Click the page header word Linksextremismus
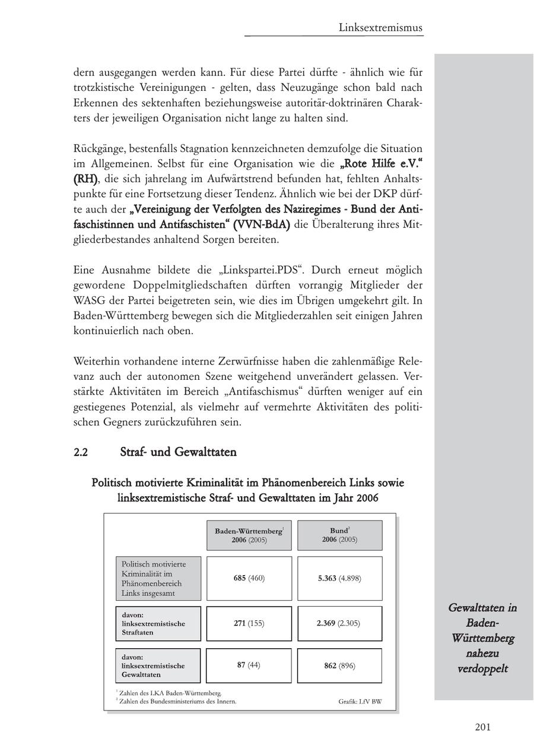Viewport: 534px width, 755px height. coord(380,27)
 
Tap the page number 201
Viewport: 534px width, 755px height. coord(482,727)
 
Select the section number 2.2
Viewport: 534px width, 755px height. coord(81,452)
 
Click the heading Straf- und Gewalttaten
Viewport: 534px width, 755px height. coord(178,452)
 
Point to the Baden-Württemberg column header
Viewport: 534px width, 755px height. coord(249,535)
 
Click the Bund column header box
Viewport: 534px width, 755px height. coord(339,535)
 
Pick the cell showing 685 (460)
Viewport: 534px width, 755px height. coord(249,578)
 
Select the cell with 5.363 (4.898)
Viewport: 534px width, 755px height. coord(339,578)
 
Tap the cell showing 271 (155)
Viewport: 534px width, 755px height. coord(249,623)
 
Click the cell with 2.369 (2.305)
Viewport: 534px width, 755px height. coord(339,623)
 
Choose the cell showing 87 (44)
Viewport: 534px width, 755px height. coord(249,665)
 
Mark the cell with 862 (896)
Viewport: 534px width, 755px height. coord(339,665)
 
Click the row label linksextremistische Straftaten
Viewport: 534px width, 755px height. coord(158,624)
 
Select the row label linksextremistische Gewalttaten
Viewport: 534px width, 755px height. coord(158,666)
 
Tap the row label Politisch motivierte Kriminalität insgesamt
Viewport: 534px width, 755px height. coord(158,579)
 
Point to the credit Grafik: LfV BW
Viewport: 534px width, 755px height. coord(360,701)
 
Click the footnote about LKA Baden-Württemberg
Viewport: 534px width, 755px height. coord(170,693)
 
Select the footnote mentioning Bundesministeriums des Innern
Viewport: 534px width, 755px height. coord(177,701)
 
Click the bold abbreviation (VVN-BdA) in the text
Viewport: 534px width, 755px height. coord(261,225)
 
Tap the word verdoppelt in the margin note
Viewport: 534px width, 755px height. coord(483,669)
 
